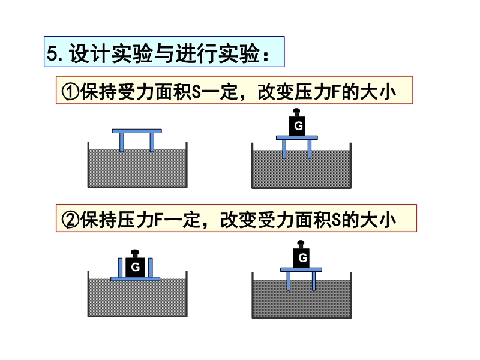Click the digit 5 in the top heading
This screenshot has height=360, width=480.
coord(52,53)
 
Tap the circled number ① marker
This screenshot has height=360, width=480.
coord(70,92)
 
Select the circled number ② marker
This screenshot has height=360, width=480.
coord(70,220)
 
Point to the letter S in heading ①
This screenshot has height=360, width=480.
coord(197,92)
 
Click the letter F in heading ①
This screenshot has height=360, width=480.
coord(337,92)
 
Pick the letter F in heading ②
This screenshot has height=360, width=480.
coord(159,220)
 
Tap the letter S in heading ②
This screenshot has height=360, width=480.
coord(337,220)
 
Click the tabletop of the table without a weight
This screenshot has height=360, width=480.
coord(137,131)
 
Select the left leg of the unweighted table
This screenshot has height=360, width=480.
coord(122,142)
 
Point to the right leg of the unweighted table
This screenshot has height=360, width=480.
coord(152,142)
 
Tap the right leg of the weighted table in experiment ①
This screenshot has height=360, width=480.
coord(310,149)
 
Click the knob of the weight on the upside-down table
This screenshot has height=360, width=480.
coord(135,253)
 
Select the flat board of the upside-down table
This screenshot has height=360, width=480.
coord(136,279)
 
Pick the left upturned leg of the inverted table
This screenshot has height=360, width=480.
coord(121,267)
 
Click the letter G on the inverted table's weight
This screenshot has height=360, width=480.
coord(136,267)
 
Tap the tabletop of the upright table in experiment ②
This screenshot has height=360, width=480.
coord(301,269)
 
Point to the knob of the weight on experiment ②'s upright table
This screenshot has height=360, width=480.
coord(301,244)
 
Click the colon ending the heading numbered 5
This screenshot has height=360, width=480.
coord(266,55)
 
